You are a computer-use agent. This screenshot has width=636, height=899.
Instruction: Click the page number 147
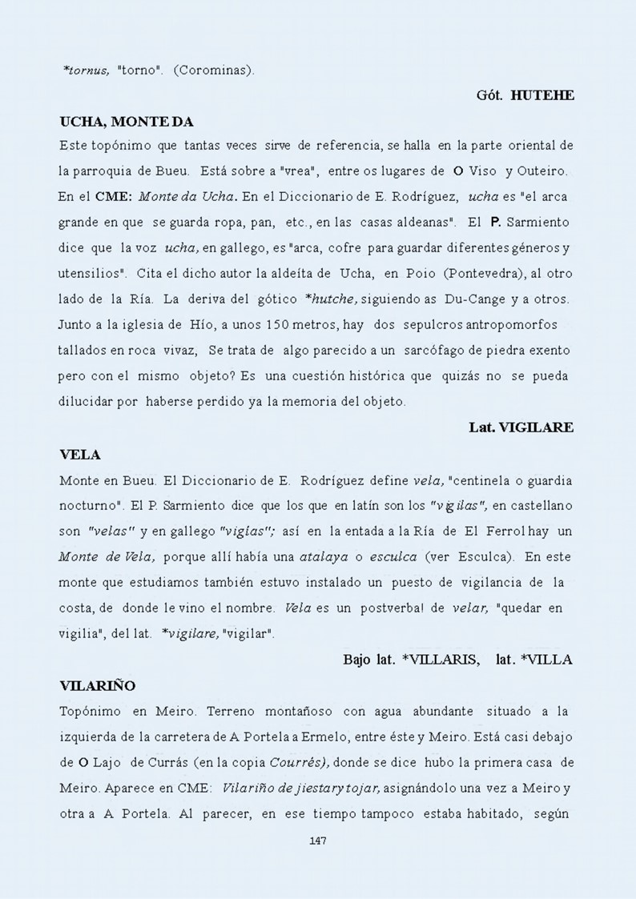[x=317, y=840]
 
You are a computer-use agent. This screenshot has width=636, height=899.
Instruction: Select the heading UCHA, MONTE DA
[x=127, y=122]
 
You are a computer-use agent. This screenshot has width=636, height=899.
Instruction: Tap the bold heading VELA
[x=80, y=455]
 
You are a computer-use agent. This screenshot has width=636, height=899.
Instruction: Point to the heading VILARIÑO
[x=98, y=685]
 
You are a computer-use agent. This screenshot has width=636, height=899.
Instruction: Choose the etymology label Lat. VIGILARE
[x=521, y=427]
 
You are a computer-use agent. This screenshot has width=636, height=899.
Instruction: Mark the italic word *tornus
[x=86, y=70]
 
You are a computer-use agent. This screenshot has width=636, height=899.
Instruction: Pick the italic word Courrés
[x=296, y=762]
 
